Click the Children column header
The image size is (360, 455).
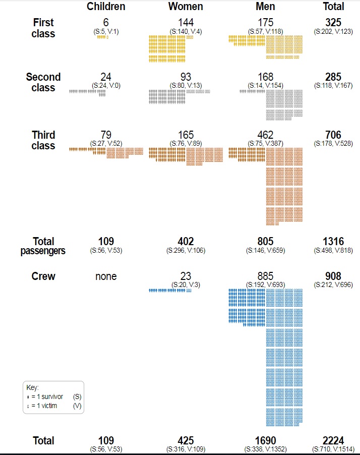[106, 7]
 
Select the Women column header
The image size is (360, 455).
[186, 7]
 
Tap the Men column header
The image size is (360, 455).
[265, 7]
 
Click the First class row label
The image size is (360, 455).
[43, 28]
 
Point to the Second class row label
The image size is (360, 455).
[43, 82]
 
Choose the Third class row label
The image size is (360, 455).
[43, 140]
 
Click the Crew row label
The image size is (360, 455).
[43, 276]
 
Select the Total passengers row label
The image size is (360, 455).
[43, 246]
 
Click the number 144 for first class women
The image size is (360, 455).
[186, 22]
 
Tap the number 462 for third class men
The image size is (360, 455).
[265, 135]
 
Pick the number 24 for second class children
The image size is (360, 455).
[106, 77]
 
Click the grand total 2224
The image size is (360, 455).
[333, 441]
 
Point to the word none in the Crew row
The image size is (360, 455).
[106, 276]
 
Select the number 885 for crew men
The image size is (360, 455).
[265, 276]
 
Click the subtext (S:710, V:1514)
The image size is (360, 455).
[333, 449]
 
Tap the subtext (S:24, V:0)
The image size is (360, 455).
[106, 85]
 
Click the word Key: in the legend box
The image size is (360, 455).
[32, 388]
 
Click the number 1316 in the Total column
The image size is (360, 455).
[333, 242]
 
